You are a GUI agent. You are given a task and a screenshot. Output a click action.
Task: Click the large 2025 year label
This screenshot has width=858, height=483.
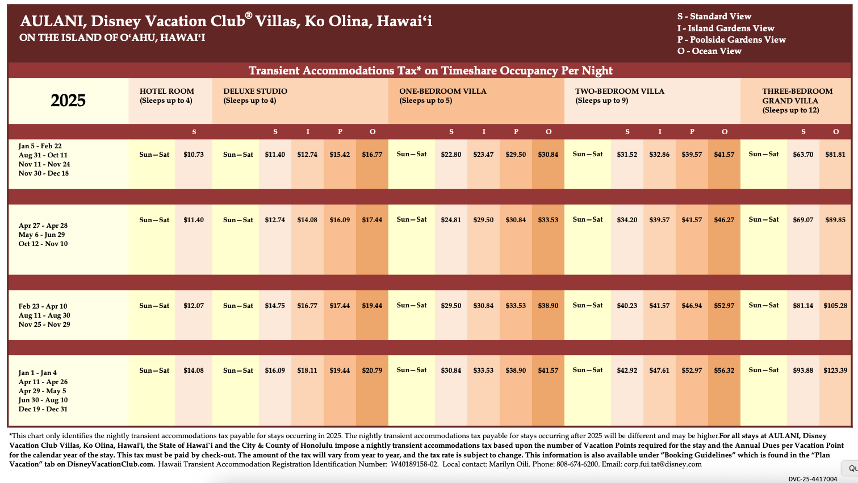point(68,101)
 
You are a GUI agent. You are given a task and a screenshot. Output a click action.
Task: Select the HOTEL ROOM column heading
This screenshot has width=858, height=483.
point(167,91)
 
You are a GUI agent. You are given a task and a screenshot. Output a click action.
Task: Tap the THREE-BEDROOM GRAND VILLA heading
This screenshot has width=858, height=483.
point(797,95)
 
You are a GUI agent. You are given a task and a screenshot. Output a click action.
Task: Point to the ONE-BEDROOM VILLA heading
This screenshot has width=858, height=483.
point(443,91)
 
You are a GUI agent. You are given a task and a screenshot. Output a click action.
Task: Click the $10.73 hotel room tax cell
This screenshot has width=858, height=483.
point(194,155)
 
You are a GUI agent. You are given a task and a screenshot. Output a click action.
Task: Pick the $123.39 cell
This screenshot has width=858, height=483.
point(835,370)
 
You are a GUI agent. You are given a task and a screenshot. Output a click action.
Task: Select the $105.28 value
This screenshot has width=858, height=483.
point(835,306)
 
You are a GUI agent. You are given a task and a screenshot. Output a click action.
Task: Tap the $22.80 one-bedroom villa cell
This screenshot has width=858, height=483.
point(451,155)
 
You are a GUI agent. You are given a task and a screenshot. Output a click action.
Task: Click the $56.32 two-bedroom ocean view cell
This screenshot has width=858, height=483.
point(724,370)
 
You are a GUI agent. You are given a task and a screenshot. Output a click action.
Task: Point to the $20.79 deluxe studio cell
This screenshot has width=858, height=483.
point(372,370)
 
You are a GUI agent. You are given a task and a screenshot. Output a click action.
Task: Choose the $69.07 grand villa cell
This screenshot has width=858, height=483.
point(803,220)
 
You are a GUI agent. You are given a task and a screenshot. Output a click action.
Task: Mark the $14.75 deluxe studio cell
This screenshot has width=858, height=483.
point(275,306)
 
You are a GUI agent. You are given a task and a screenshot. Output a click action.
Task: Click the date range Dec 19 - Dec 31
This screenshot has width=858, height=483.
point(43,409)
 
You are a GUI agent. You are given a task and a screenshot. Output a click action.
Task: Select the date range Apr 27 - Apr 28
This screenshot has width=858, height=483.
point(43,226)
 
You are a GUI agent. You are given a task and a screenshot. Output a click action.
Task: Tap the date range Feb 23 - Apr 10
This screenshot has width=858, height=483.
point(43,306)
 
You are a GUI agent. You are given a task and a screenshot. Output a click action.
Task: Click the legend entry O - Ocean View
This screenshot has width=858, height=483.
point(709,51)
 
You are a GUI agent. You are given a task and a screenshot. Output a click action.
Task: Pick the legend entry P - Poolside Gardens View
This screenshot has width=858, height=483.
point(731,40)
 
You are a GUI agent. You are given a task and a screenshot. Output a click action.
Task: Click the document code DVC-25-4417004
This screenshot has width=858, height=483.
point(813,479)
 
